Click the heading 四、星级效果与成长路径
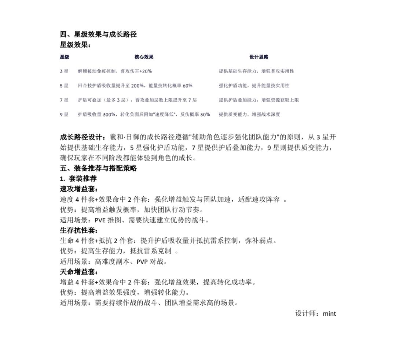(x=98, y=34)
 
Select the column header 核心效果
(x=144, y=57)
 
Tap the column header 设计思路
(x=259, y=57)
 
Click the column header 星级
(x=65, y=57)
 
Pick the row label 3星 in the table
(x=64, y=71)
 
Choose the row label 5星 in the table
(x=64, y=86)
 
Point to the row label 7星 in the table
(x=64, y=100)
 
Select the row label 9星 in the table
(x=64, y=115)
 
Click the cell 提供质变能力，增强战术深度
(x=249, y=115)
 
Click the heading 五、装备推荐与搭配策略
(x=98, y=168)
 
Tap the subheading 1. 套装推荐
(x=78, y=179)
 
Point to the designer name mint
(x=329, y=313)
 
